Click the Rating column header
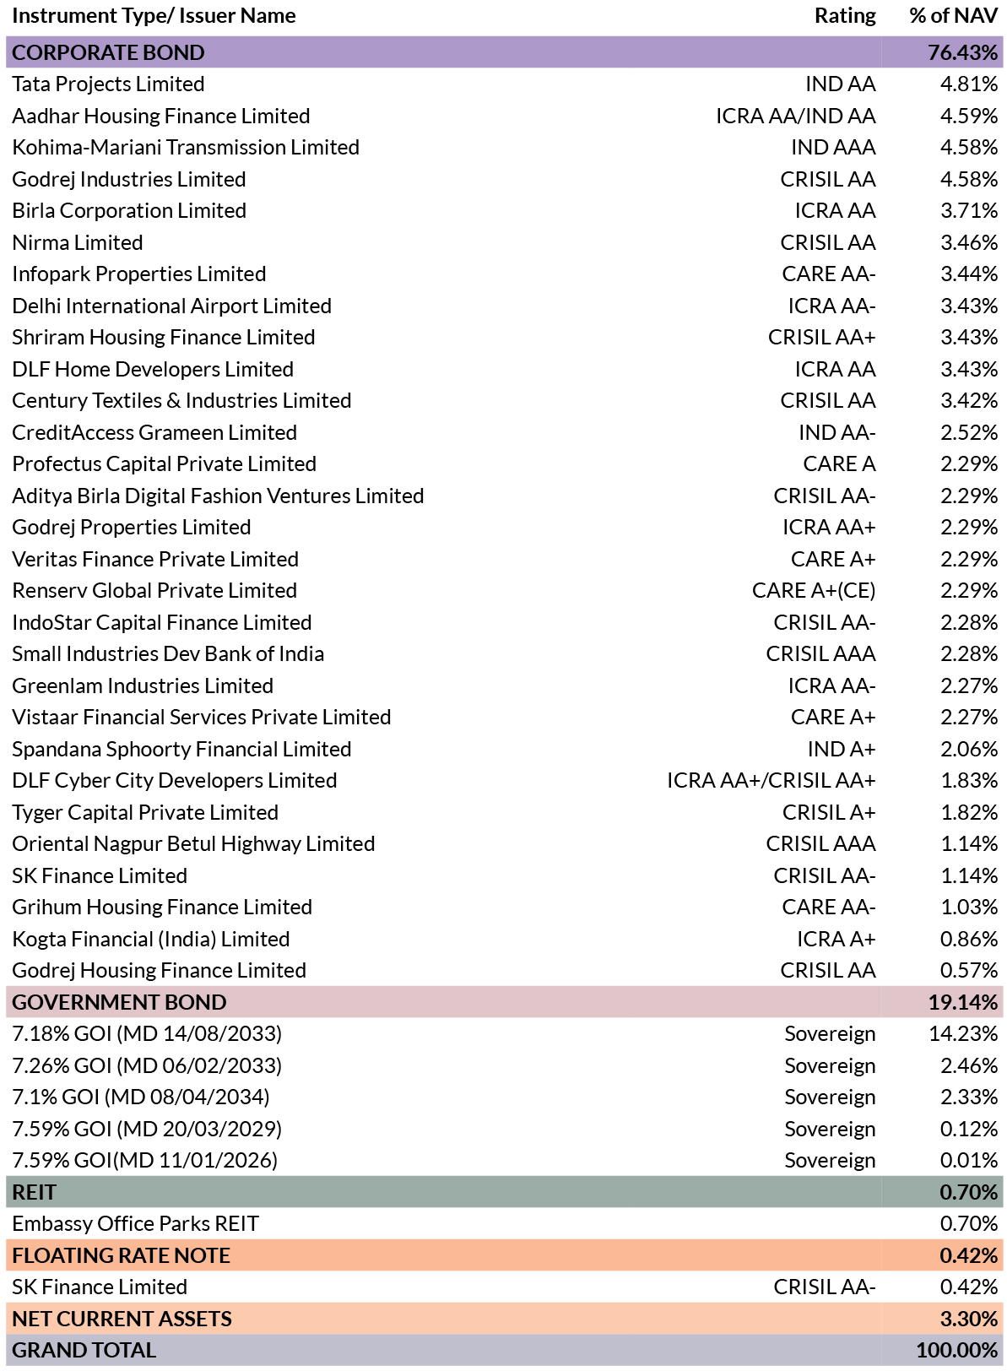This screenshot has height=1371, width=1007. pos(845,16)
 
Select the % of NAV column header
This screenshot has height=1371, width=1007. pos(953,15)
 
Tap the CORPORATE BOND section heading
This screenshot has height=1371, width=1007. pos(108,52)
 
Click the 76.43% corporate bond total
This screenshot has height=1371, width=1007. pos(962,52)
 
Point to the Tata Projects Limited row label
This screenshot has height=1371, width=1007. pos(108,84)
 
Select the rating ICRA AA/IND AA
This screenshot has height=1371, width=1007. pos(795,116)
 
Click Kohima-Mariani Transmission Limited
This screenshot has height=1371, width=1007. pos(186,148)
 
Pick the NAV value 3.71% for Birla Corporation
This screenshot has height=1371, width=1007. pos(969,210)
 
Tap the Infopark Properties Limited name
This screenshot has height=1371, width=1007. pos(139,274)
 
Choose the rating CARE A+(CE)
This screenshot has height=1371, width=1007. pos(814,591)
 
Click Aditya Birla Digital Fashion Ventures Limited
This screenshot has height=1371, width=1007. pos(218,496)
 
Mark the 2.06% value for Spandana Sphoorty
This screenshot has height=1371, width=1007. pos(969,749)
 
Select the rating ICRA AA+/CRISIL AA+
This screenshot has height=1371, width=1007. pos(771,780)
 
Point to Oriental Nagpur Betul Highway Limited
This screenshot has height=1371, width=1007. pos(193,844)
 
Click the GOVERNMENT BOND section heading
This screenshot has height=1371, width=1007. pos(119,1002)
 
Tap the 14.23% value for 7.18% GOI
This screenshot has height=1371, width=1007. pos(963,1034)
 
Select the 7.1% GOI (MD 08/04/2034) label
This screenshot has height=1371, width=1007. pos(141,1097)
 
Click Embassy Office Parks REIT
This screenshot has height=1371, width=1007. pos(135,1223)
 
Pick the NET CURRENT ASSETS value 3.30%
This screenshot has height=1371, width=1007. pos(969,1319)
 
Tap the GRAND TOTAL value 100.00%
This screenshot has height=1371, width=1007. pos(957,1350)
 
